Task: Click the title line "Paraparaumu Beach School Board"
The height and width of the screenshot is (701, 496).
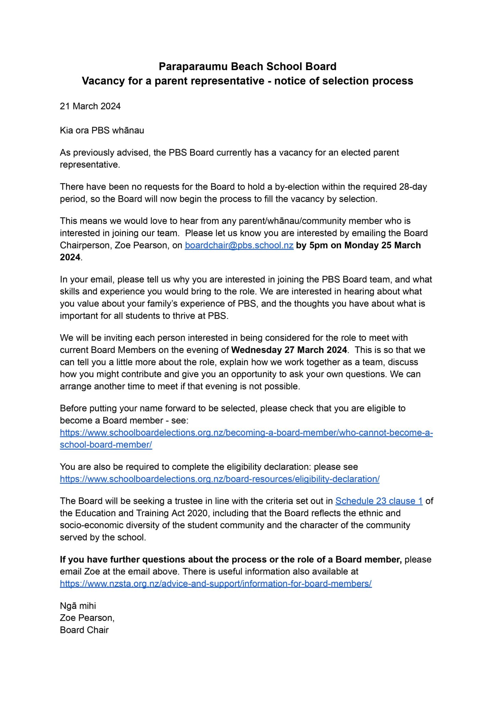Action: point(247,66)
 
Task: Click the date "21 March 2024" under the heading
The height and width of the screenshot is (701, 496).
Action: point(90,106)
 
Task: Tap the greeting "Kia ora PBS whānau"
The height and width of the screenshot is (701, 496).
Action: point(102,130)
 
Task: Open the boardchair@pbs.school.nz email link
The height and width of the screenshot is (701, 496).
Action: point(239,245)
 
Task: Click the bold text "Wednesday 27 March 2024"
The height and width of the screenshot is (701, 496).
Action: point(289,350)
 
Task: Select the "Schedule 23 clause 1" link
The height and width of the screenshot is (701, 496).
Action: point(379,501)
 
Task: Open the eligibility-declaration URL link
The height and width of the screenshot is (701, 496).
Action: point(220,479)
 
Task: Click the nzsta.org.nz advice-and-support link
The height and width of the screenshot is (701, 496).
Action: point(216,584)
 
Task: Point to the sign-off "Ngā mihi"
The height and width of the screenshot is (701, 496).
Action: point(78,606)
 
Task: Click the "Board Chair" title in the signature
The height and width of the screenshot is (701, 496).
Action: point(84,630)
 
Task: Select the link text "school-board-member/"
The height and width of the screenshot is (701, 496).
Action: point(106,445)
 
